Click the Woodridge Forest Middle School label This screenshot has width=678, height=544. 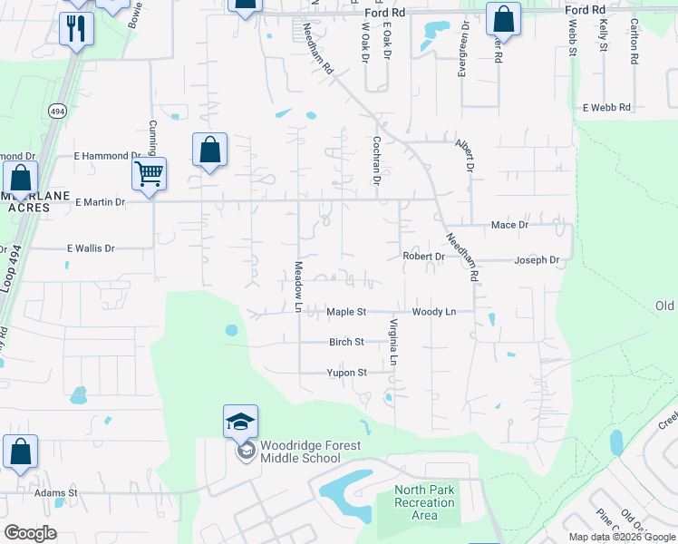click(310, 452)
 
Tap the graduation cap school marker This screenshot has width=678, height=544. click(240, 423)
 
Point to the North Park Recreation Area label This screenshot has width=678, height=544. click(423, 503)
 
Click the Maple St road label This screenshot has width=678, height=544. click(345, 312)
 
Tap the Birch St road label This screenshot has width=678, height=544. click(346, 342)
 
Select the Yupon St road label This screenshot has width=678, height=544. click(346, 373)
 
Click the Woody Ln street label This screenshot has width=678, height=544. click(433, 312)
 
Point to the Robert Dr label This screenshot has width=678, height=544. click(423, 257)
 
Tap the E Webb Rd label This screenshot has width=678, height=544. click(606, 107)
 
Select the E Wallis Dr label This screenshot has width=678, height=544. click(91, 248)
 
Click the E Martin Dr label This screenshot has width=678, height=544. click(100, 201)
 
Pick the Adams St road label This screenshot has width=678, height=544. click(56, 493)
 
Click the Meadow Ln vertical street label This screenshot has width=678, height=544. click(297, 287)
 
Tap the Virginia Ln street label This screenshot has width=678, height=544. click(393, 342)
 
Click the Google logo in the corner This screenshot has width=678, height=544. click(30, 533)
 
